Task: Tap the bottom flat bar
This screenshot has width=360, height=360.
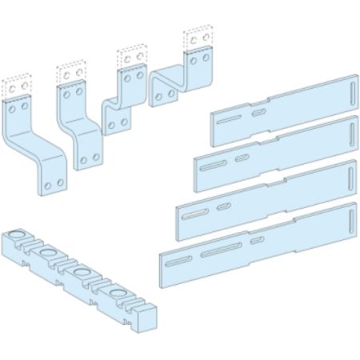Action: coord(256,244)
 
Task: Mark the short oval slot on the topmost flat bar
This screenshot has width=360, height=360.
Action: coord(258,113)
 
